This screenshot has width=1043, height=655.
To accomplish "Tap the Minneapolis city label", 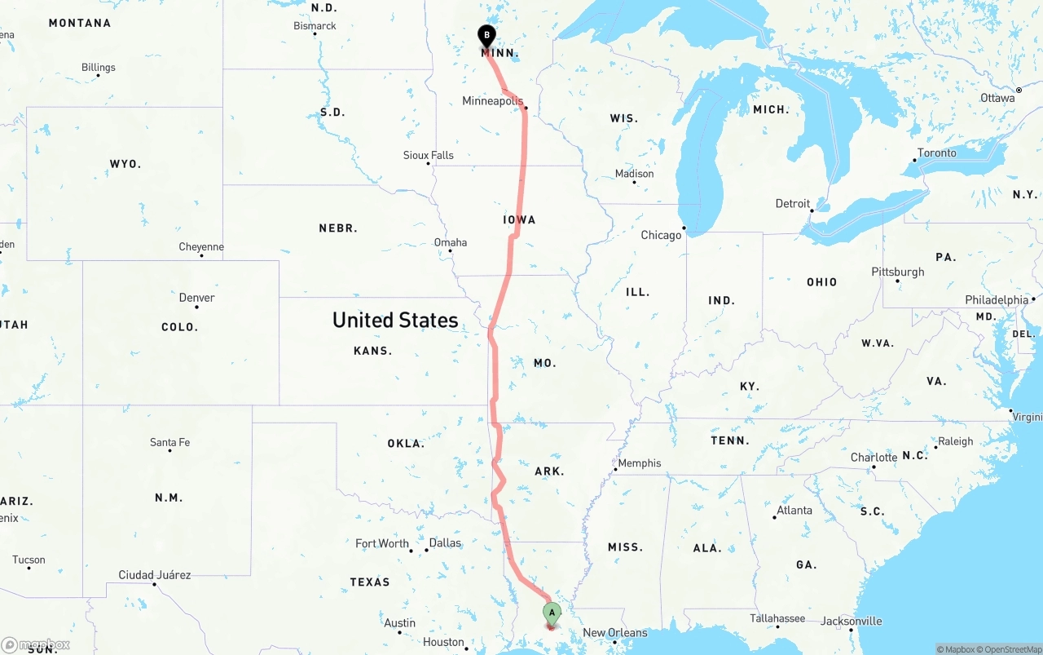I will (492, 101).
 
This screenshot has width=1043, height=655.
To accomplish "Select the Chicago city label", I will (661, 235).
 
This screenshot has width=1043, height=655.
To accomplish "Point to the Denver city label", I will (196, 298).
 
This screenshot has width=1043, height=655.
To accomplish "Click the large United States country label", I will (395, 320).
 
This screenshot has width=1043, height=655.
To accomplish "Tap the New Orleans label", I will (615, 633).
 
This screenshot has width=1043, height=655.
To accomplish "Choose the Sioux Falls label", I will (429, 155).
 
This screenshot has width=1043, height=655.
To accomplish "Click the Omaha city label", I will (451, 242).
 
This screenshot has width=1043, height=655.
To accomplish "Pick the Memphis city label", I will (640, 463).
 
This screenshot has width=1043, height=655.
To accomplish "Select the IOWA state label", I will (519, 219).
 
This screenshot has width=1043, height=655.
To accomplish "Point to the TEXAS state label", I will (370, 582).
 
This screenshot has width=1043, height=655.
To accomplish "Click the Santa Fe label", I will (169, 442).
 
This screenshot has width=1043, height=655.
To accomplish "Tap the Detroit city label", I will (793, 204).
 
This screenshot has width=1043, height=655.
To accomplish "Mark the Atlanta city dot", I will (774, 517).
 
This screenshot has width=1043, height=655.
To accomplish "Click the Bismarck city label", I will (315, 26).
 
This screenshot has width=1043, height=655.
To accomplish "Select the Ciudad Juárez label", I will (155, 575).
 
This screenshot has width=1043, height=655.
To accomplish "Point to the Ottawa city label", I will (997, 98).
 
